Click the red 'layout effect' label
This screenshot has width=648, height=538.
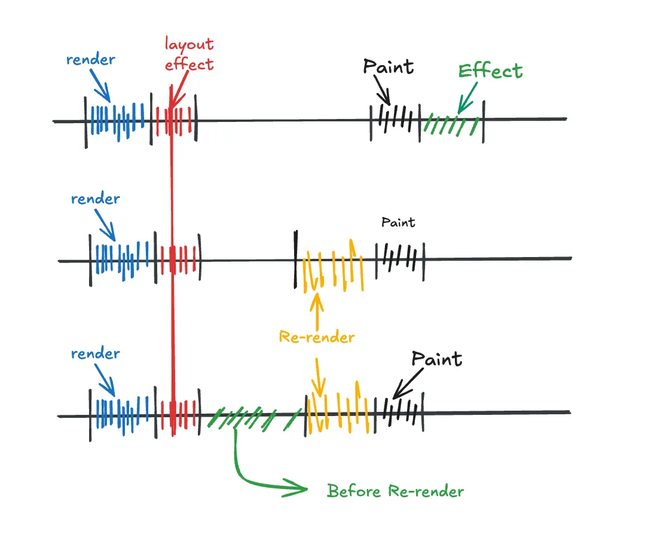[x=189, y=54]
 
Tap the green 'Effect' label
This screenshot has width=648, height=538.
[x=490, y=71]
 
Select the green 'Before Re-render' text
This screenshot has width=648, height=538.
[x=395, y=491]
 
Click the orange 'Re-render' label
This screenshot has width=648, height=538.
[x=317, y=337]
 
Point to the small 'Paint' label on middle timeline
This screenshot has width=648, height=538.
[x=398, y=222]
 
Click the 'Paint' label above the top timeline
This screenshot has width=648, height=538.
[x=389, y=66]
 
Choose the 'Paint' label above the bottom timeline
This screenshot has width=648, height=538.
[x=437, y=359]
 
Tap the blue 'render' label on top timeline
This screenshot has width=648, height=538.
[x=91, y=60]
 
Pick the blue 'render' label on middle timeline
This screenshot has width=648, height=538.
[x=96, y=198]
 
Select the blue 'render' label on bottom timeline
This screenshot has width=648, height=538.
[x=96, y=353]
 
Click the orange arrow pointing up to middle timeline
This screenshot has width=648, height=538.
[x=316, y=307]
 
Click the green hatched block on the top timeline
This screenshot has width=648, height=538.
[x=451, y=124]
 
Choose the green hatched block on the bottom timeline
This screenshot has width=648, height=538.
[x=254, y=417]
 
